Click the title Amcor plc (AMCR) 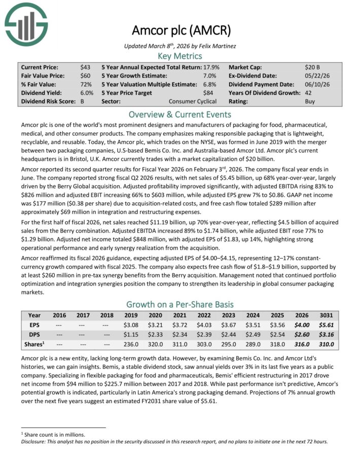[x=180, y=30]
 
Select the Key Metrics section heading [x=180, y=56]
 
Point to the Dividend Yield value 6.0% [x=86, y=93]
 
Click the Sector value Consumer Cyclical [x=193, y=101]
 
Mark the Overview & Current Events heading [x=180, y=114]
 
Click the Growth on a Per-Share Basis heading [x=180, y=304]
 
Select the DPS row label [x=34, y=334]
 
